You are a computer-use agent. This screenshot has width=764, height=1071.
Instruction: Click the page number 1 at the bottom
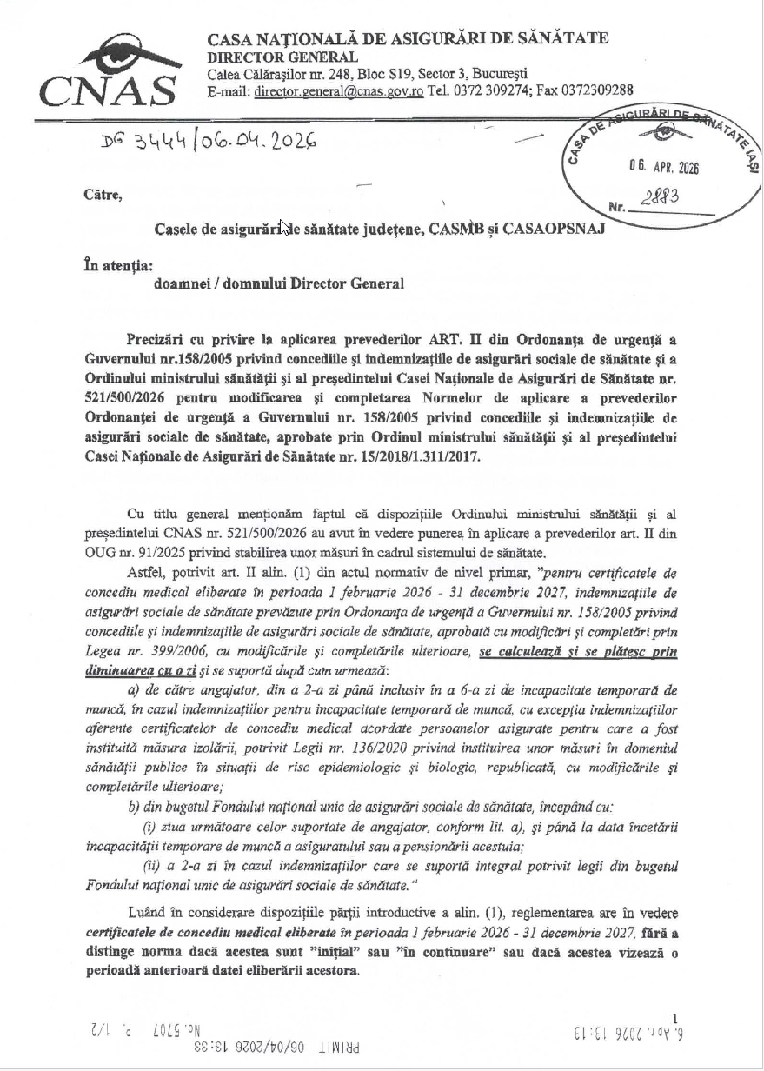click(675, 1017)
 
